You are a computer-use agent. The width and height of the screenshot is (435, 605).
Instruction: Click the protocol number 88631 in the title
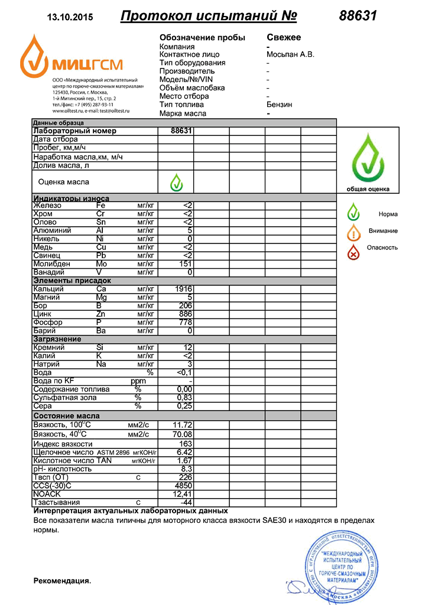click(x=358, y=16)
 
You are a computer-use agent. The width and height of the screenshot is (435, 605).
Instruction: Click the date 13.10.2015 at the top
click(x=69, y=17)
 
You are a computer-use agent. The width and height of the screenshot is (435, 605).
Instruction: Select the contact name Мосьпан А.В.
click(x=290, y=54)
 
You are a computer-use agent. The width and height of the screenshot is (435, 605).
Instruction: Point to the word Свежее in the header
click(x=284, y=37)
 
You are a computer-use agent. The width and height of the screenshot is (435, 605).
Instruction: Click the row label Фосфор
click(x=48, y=322)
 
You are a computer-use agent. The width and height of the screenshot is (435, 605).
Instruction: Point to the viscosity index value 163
click(x=186, y=443)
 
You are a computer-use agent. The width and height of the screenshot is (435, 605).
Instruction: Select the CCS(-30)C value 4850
click(x=184, y=486)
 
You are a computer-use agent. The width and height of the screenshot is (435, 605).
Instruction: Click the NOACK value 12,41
click(x=183, y=494)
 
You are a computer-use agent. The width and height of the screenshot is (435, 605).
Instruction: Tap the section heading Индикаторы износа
click(x=71, y=198)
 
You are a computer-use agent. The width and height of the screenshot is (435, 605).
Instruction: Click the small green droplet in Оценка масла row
click(x=176, y=182)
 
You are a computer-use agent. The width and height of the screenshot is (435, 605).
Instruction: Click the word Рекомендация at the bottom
click(x=62, y=581)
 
